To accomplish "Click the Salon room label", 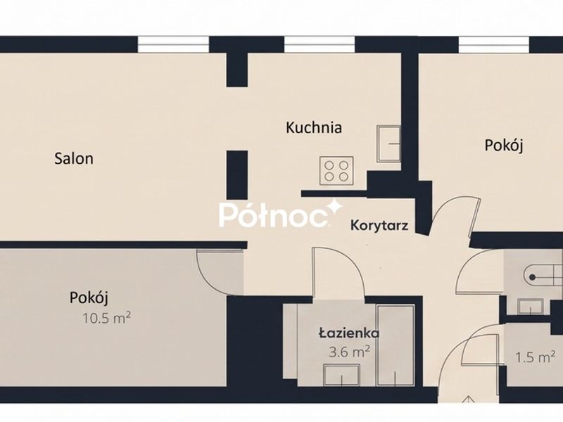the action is (74, 158).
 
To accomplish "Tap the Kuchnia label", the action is (314, 127).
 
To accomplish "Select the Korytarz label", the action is (379, 226).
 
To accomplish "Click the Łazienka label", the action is (349, 333).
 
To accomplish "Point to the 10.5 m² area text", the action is (107, 318).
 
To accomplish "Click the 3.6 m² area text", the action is (349, 352).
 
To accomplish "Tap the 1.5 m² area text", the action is (535, 357).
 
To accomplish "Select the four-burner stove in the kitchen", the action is (336, 171).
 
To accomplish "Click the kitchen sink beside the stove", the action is (388, 143).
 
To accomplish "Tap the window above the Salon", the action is (173, 44).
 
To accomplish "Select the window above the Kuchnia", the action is (320, 44).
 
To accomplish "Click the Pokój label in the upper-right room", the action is (504, 146).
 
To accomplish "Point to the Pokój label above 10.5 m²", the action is (89, 298).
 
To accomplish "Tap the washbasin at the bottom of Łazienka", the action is (342, 375).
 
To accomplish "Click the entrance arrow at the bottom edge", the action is (468, 399).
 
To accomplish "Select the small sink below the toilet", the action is (531, 307).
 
